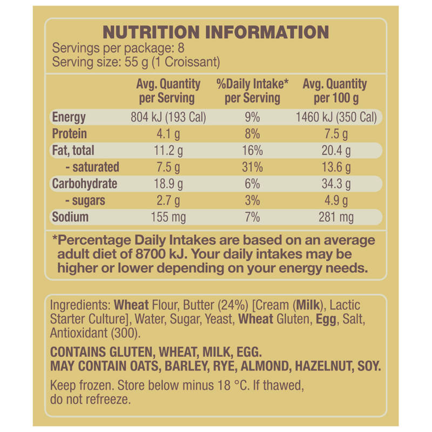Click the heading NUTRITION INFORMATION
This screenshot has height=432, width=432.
point(215,32)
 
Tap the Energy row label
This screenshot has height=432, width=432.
point(69,117)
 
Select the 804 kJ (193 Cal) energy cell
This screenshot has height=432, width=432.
point(168,117)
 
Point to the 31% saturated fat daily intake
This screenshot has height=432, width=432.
point(252,167)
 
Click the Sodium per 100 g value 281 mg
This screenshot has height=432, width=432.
point(336,217)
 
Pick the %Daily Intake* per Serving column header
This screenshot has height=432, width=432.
point(252,91)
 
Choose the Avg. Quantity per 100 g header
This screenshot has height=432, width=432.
point(335,91)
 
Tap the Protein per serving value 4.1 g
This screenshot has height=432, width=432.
point(168,134)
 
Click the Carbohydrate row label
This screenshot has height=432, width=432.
point(85,184)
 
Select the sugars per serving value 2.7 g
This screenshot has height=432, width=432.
point(168,200)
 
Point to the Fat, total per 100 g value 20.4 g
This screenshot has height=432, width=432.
point(336,151)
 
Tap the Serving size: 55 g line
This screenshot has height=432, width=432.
point(136,62)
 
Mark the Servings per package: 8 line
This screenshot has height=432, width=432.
point(118,48)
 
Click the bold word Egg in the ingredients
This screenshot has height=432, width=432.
point(326,320)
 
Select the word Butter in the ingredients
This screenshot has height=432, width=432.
point(199,305)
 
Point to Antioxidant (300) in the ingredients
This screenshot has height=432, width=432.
point(96,333)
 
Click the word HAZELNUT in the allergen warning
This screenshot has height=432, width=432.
point(325,367)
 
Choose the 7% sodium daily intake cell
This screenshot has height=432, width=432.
point(252,217)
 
